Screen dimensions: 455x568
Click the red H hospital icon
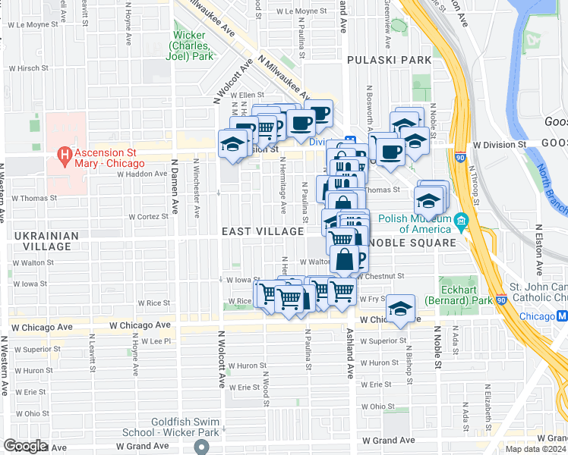pyautogui.click(x=65, y=156)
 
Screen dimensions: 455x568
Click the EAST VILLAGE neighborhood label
pyautogui.click(x=262, y=231)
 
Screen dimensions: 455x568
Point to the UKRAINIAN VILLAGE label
pyautogui.click(x=46, y=241)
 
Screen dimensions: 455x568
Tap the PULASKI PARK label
pyautogui.click(x=380, y=59)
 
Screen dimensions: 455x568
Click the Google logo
pyautogui.click(x=25, y=446)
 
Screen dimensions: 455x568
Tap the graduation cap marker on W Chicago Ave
pyautogui.click(x=400, y=309)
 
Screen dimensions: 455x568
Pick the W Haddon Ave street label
pyautogui.click(x=141, y=174)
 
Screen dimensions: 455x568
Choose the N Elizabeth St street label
pyautogui.click(x=487, y=399)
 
